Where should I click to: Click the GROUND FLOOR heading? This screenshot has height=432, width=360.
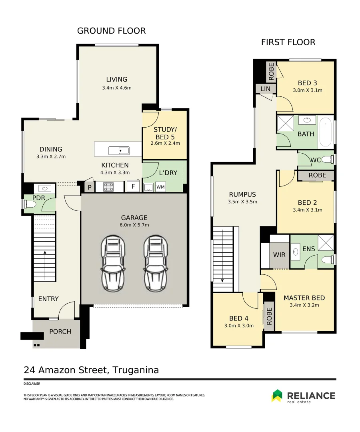click(111, 30)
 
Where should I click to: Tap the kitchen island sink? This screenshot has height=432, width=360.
click(119, 151)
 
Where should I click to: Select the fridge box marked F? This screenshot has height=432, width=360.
click(133, 186)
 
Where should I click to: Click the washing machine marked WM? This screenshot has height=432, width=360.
click(160, 187)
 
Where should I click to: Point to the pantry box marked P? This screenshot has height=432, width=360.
click(90, 187)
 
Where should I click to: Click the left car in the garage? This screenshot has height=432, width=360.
click(113, 263)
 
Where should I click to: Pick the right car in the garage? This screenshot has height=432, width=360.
click(156, 263)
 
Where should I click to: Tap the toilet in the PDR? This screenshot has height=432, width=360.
click(30, 204)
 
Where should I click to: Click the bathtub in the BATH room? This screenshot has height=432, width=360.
click(326, 132)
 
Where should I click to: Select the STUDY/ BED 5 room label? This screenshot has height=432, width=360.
click(165, 133)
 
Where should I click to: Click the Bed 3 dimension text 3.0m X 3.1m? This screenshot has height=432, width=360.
click(307, 90)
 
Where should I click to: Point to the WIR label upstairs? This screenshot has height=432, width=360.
click(279, 255)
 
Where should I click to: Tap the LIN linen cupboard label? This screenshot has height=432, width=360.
click(265, 89)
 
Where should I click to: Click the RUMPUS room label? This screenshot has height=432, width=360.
click(242, 194)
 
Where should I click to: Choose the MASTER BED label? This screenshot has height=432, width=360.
click(304, 298)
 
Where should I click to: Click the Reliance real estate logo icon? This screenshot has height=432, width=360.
click(277, 396)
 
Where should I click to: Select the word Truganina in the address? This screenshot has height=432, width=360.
click(136, 370)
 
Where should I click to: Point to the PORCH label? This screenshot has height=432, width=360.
click(60, 332)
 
